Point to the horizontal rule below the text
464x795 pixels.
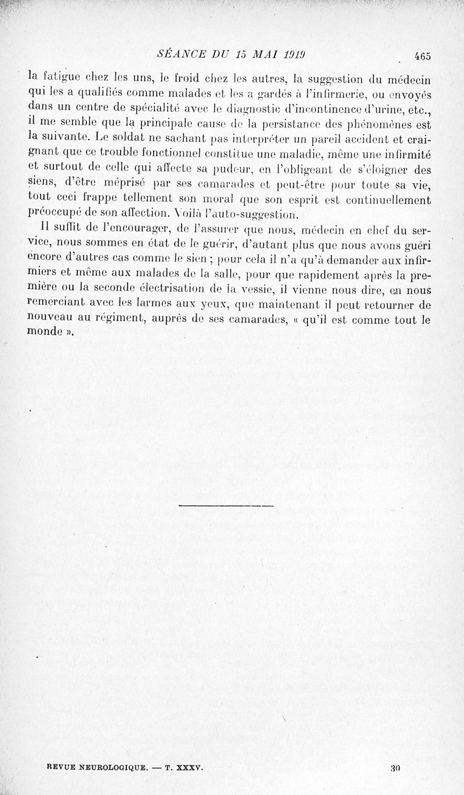pos(226,506)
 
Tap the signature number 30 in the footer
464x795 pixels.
pos(397,768)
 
